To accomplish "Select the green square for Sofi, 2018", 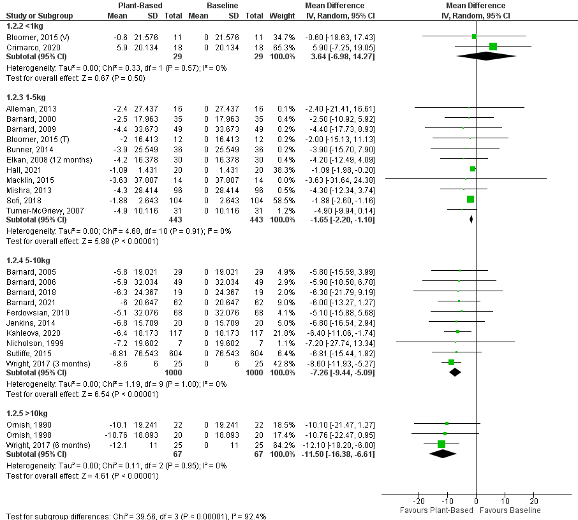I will (x=470, y=199).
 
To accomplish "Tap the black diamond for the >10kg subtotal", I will (x=443, y=454).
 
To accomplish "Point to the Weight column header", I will (x=279, y=15).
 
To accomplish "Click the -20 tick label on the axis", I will (x=419, y=501).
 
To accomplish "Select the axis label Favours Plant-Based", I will (x=436, y=510).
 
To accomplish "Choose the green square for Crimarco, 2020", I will (x=493, y=47).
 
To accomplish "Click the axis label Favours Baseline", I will (x=510, y=510).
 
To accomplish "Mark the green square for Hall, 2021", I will (x=473, y=169).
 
